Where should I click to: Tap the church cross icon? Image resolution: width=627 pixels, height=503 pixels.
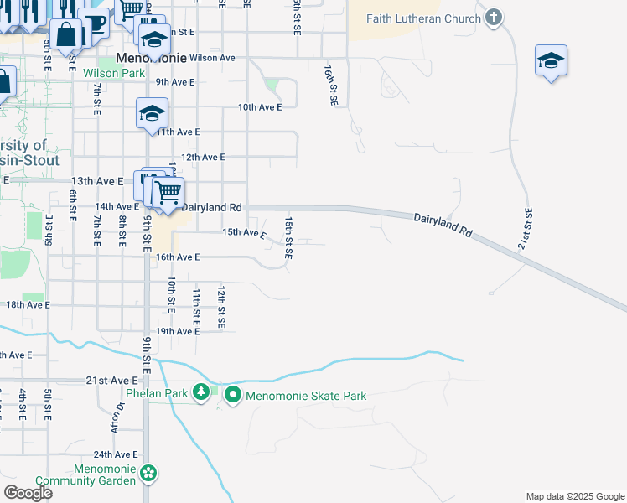(494, 17)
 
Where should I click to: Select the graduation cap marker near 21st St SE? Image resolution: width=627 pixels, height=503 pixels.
(551, 61)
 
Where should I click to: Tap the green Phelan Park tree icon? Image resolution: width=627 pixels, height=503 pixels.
(201, 392)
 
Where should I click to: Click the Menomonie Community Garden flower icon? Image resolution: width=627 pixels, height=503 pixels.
(148, 474)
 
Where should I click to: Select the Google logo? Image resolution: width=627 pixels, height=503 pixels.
(28, 493)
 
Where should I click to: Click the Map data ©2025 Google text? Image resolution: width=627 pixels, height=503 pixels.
(574, 496)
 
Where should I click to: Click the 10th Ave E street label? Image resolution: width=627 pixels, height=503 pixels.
(260, 107)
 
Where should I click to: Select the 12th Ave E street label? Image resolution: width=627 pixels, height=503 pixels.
(203, 157)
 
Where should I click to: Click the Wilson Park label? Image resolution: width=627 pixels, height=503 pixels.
(114, 73)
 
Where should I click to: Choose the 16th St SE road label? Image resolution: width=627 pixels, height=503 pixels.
(332, 86)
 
